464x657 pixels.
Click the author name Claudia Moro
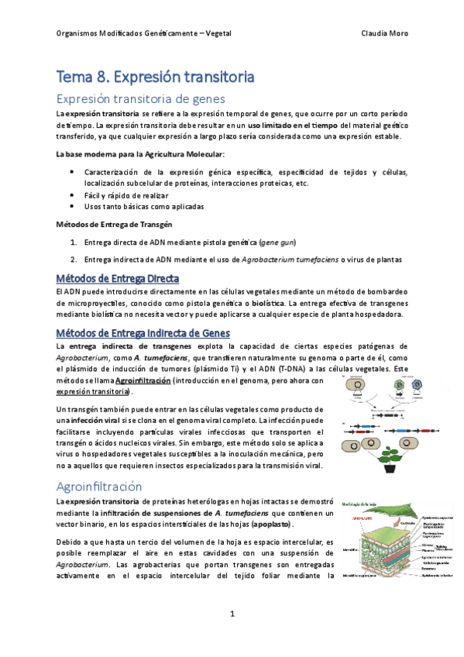pyautogui.click(x=385, y=34)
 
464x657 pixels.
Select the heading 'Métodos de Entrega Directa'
pyautogui.click(x=117, y=278)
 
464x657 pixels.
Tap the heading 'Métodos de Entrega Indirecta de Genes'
pyautogui.click(x=142, y=332)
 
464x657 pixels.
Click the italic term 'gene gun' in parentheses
pyautogui.click(x=277, y=242)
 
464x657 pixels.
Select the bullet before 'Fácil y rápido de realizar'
pyautogui.click(x=72, y=195)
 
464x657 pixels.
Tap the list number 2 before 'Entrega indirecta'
pyautogui.click(x=73, y=259)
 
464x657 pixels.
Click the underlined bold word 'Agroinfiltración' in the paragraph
pyautogui.click(x=143, y=381)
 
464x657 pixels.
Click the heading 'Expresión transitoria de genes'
pyautogui.click(x=140, y=99)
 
